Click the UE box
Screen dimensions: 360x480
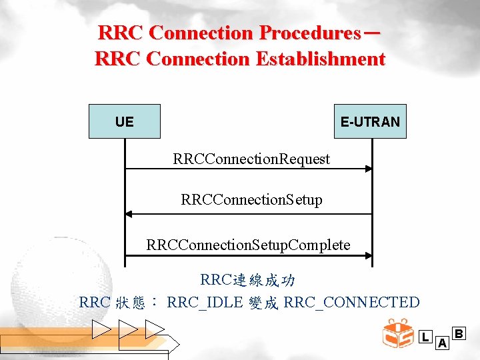(x=125, y=121)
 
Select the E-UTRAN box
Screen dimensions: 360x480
(x=370, y=121)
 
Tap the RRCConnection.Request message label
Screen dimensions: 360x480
(x=251, y=159)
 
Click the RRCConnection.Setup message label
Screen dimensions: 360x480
(x=251, y=200)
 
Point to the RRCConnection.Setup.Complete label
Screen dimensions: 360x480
(x=248, y=245)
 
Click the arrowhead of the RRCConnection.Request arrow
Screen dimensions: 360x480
(x=368, y=169)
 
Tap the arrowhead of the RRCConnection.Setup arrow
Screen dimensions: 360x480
(x=129, y=214)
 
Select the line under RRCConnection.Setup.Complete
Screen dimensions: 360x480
(x=248, y=257)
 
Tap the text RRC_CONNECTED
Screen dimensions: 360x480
(x=351, y=303)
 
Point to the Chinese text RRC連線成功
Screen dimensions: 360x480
(x=248, y=280)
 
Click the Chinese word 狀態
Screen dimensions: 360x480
(x=131, y=303)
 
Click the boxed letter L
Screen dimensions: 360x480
(x=425, y=337)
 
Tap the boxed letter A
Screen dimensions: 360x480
(x=441, y=343)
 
